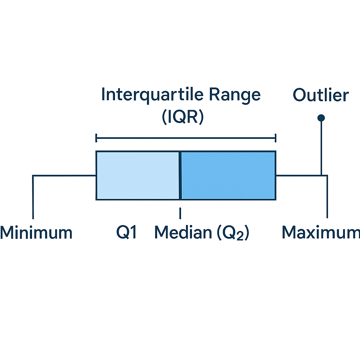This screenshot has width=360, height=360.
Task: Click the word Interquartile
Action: [x=153, y=95]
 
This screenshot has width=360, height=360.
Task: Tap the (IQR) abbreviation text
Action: [x=183, y=117]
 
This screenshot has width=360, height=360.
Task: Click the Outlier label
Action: [x=321, y=95]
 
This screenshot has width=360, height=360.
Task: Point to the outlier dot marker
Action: [x=321, y=118]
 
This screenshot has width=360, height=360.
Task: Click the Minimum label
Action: [x=36, y=232]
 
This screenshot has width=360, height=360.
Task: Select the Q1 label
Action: [x=127, y=232]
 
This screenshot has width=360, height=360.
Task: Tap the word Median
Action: [x=183, y=232]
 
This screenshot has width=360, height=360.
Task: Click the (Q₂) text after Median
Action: [x=233, y=233]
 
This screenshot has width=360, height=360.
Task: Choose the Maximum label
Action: [x=321, y=232]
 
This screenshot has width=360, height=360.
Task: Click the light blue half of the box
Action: [x=138, y=175]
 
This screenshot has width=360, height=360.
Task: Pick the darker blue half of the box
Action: [x=228, y=175]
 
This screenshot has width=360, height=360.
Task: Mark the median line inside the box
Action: [x=180, y=175]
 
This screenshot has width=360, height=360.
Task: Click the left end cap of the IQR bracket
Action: [x=96, y=138]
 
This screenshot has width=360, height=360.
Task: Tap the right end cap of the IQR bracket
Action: [x=275, y=138]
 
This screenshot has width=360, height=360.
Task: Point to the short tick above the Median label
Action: [x=180, y=213]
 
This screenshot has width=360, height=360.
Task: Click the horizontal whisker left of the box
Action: [x=64, y=176]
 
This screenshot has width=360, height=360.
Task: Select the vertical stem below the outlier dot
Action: [x=321, y=148]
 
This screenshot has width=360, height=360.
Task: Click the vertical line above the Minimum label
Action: [x=33, y=197]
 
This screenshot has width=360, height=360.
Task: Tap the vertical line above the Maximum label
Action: [x=327, y=197]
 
